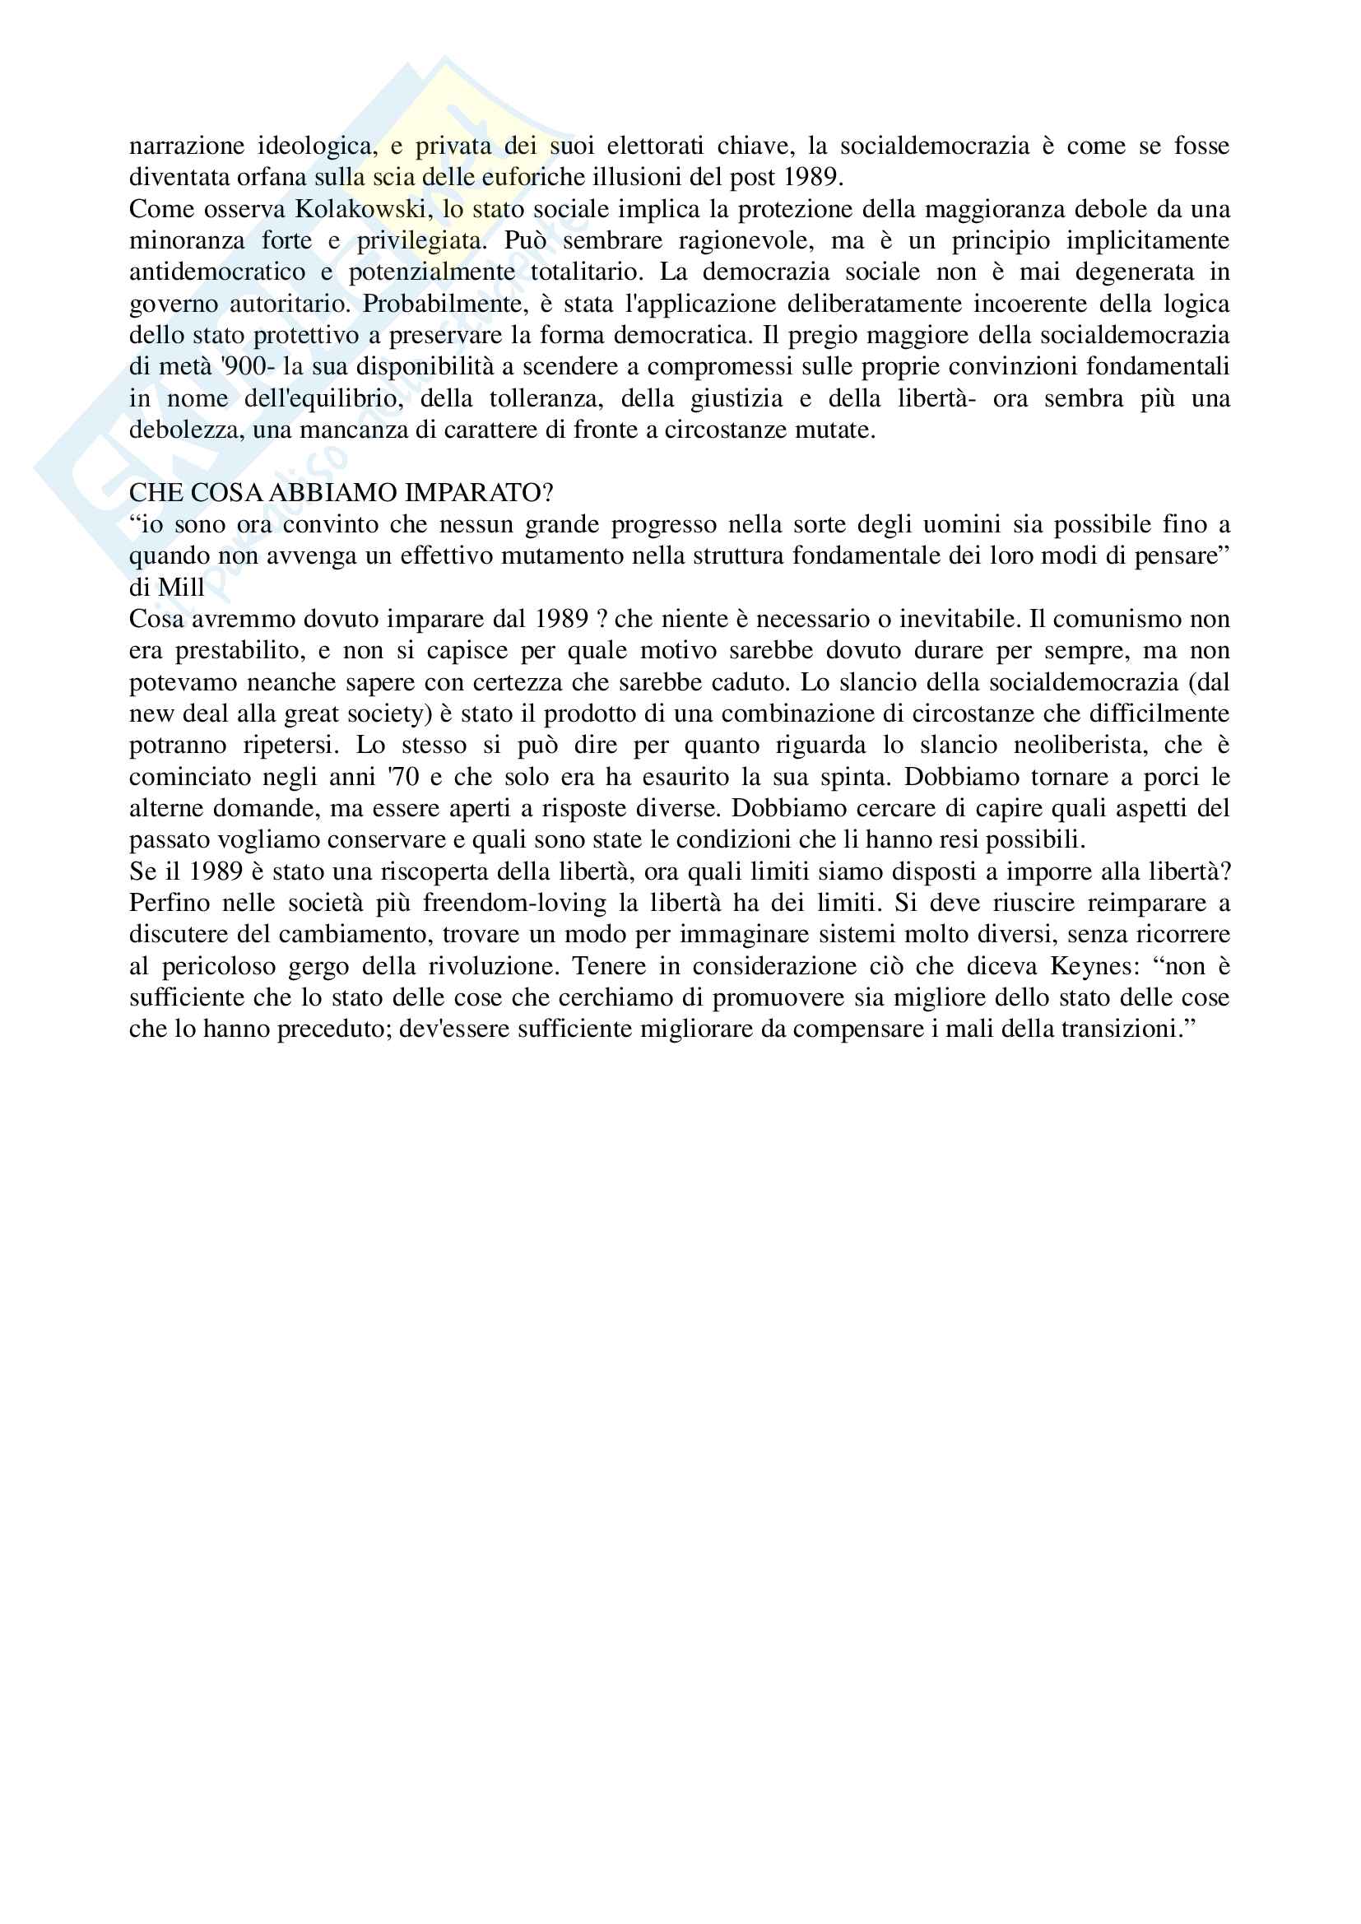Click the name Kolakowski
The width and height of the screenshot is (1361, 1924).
coord(361,209)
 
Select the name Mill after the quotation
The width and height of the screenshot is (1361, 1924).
coord(181,588)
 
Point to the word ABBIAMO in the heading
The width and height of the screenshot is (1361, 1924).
coord(332,493)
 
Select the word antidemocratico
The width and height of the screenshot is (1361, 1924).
coord(217,272)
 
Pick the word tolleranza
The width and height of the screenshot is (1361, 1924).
coord(546,398)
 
